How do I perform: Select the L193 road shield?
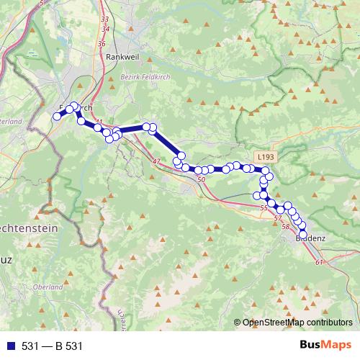coord(264,156)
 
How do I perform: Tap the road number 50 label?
coord(201,179)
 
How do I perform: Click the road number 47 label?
coord(156,161)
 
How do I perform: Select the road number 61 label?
coord(319,262)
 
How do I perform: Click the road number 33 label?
coord(105,19)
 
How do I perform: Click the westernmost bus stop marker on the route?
coord(57,117)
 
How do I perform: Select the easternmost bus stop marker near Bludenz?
coord(302,226)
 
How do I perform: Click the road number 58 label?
coord(286,227)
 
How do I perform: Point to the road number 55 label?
coord(262,207)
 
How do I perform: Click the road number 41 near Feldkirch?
coord(99,121)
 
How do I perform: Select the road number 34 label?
coord(108,30)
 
